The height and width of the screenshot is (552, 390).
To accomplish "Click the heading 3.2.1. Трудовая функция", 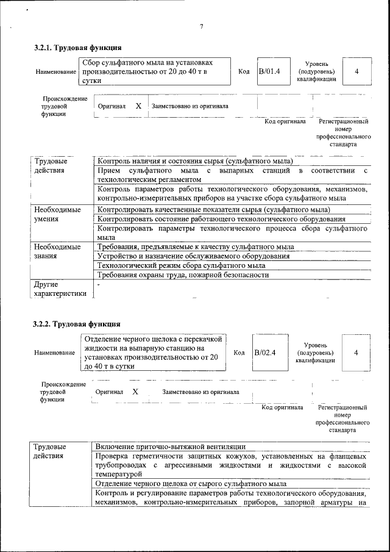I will [x=77, y=48].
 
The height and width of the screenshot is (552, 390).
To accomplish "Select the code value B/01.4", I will [x=269, y=71].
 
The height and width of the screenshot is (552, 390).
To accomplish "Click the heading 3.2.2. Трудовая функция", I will [x=77, y=324].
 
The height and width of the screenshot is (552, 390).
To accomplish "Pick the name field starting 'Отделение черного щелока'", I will [x=152, y=353].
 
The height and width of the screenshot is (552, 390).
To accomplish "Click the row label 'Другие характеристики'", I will [x=60, y=289].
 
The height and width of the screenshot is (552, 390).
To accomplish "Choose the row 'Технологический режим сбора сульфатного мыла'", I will [x=182, y=266].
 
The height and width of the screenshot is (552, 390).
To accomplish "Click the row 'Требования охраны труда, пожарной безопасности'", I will [x=183, y=275].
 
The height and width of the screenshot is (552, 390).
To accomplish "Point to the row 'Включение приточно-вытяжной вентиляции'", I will [x=171, y=447].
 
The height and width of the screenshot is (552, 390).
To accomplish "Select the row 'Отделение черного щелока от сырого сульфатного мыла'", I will [x=191, y=484].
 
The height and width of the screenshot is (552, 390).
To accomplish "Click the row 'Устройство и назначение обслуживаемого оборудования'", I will [x=194, y=256].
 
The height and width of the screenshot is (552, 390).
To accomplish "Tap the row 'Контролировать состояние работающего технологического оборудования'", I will [x=221, y=219].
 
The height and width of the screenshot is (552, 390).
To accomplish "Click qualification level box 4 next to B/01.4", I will [x=356, y=72].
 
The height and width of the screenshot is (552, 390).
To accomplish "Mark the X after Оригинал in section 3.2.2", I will [x=135, y=392].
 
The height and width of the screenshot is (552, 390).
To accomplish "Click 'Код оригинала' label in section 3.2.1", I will [x=285, y=121].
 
